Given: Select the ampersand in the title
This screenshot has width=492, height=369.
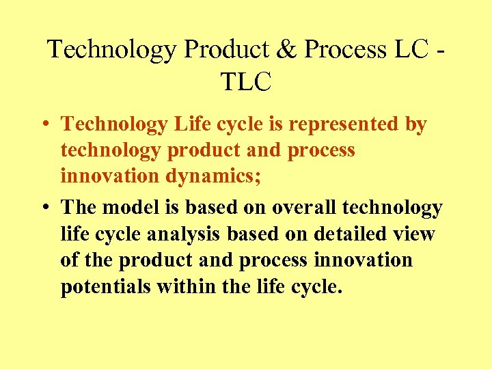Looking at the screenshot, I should (287, 50).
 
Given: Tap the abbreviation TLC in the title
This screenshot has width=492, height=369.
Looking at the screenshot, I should (246, 81).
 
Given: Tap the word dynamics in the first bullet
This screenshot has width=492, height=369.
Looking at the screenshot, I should (197, 176).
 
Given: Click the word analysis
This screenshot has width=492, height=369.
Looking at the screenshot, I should (187, 234).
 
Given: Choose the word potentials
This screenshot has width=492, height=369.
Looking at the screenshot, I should (105, 287).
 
